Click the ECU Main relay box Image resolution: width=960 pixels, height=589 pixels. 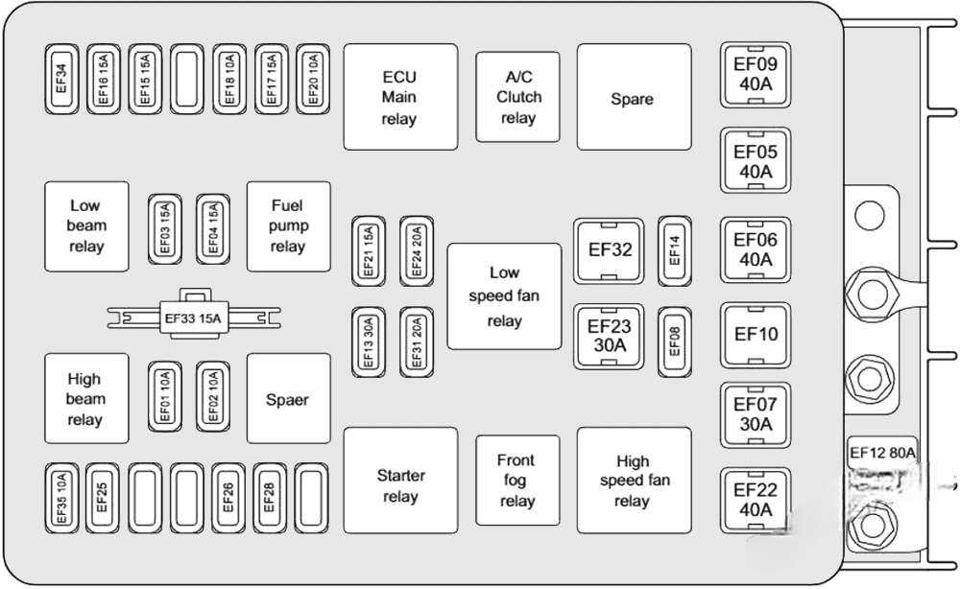coord(400,97)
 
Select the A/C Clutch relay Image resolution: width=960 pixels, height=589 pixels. coord(517,97)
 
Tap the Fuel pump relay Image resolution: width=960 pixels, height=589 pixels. coord(288,226)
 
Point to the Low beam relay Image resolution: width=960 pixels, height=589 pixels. coord(85,226)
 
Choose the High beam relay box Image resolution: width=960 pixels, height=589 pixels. coord(85,399)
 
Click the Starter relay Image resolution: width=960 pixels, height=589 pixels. coord(400,485)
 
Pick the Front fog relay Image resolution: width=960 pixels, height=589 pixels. coord(517,481)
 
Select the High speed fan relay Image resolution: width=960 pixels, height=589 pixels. coord(634,481)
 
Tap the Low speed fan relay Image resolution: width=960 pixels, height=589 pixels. coord(504,296)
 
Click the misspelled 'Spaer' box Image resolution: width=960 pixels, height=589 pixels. coord(288,399)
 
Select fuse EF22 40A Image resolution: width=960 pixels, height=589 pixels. coord(755,500)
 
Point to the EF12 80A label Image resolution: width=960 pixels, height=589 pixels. coord(882,452)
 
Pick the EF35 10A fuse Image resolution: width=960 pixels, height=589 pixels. coord(60,498)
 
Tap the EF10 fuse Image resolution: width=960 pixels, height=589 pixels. coord(755,335)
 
